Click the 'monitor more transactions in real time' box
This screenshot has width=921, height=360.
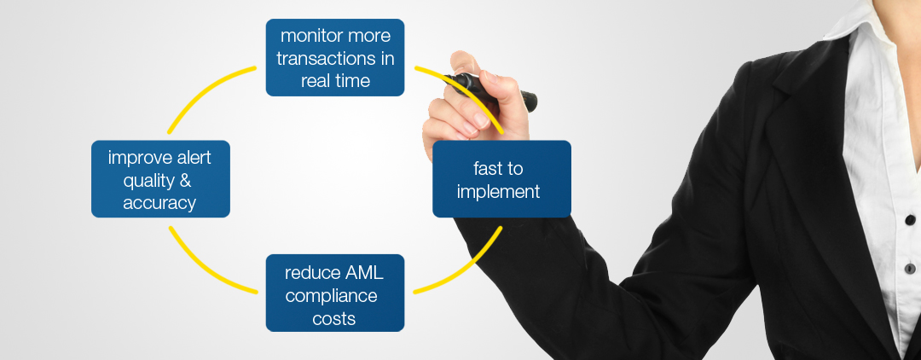[x=335, y=57]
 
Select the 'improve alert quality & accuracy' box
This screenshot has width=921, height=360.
[x=160, y=179]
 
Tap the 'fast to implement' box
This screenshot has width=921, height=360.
[x=501, y=179]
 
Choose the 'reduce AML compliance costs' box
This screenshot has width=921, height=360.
[x=335, y=293]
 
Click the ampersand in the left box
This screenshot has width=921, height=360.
[x=185, y=180]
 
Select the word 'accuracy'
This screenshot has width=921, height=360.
[x=159, y=204]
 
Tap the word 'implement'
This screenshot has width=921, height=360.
[x=498, y=192]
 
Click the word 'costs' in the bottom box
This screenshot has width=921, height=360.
[x=334, y=319]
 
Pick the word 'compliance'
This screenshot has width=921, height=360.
[x=331, y=297]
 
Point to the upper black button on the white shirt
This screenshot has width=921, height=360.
[x=910, y=219]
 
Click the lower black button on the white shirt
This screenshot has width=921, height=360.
[x=910, y=269]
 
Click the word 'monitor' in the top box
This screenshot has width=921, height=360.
[x=309, y=36]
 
